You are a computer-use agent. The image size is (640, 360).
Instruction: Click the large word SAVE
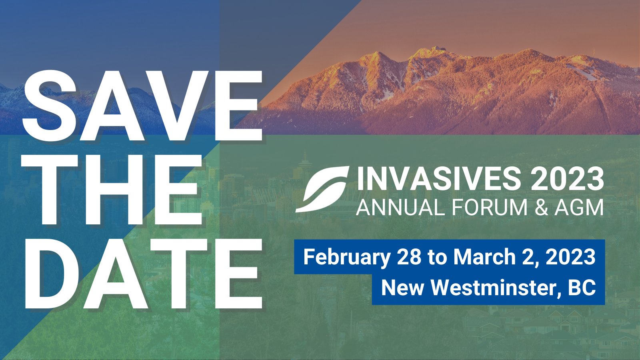142,105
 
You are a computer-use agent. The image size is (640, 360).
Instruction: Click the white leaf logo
322,189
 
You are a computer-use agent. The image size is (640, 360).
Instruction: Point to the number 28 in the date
409,257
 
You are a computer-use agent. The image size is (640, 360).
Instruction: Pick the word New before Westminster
402,288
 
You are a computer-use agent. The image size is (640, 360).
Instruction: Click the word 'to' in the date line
437,257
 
